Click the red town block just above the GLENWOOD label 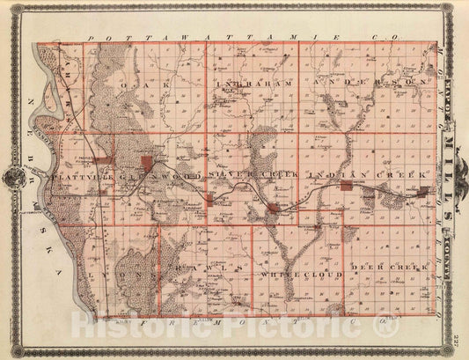(x=147, y=161)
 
